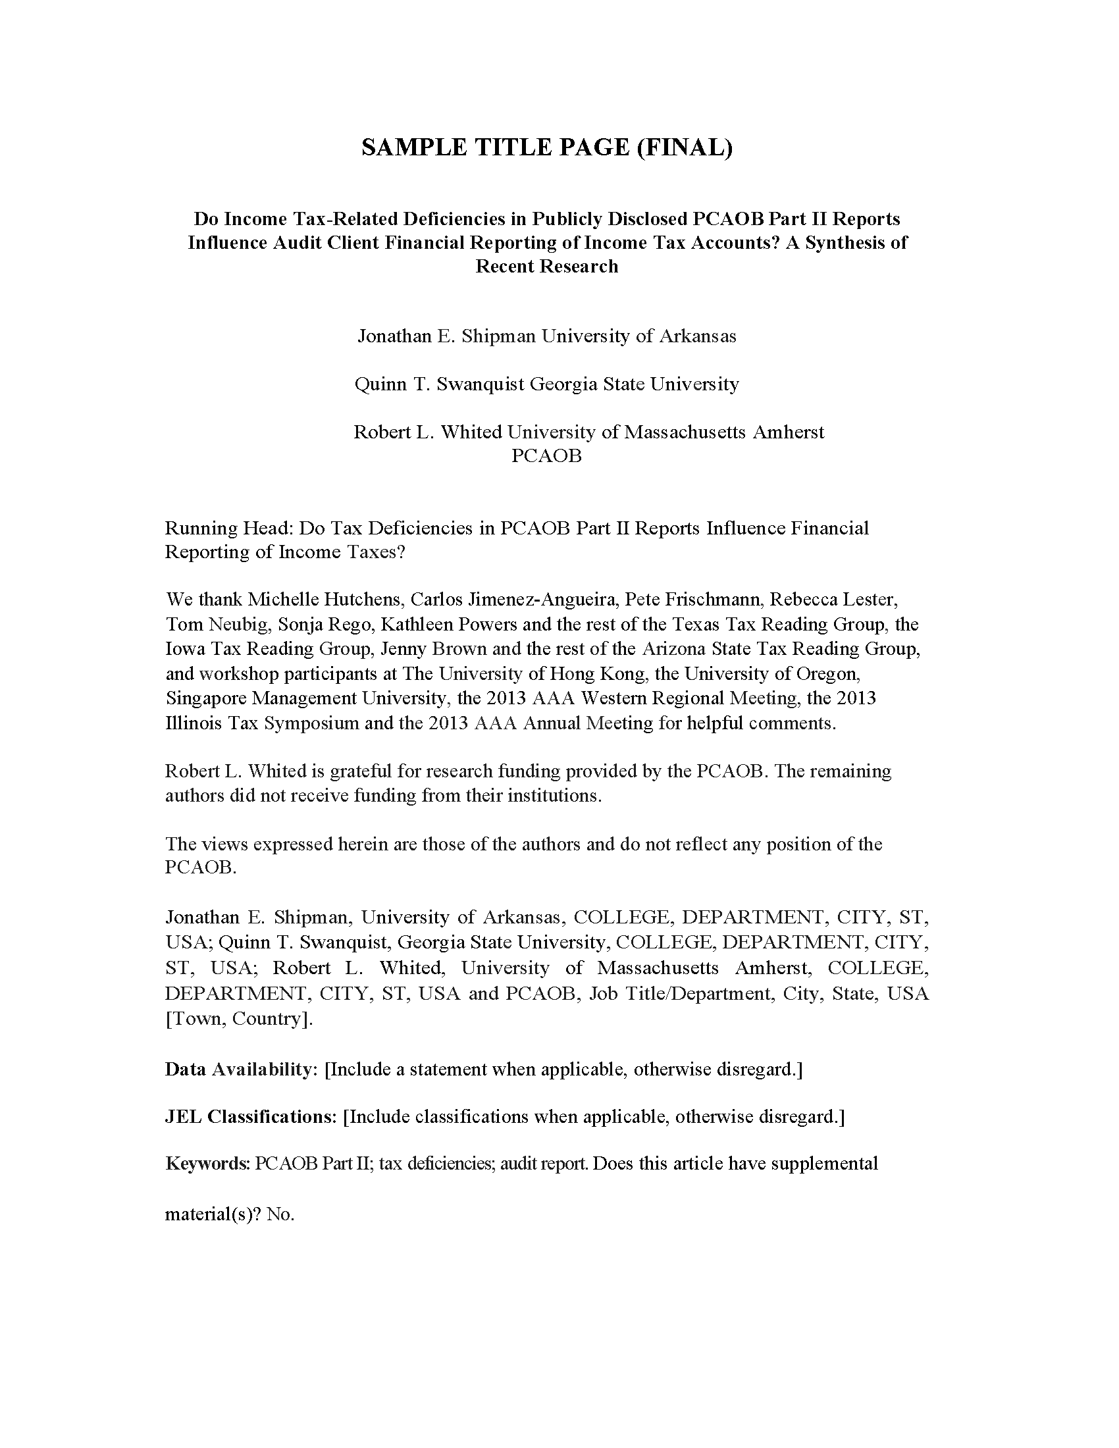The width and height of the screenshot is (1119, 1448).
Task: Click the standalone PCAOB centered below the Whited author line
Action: (x=546, y=456)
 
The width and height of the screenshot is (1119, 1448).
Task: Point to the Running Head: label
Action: (x=228, y=529)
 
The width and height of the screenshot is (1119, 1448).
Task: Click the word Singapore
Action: (x=206, y=698)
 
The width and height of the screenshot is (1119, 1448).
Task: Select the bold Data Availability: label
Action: (x=242, y=1070)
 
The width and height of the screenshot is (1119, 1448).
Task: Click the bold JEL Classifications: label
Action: (x=251, y=1117)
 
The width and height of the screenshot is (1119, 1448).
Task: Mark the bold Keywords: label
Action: (x=207, y=1164)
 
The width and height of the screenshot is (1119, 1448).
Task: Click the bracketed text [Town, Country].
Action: (x=239, y=1018)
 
